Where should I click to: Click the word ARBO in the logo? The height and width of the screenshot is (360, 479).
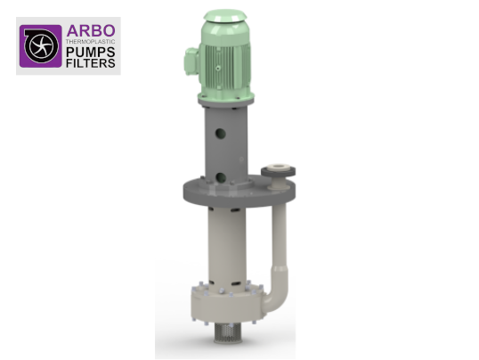click(x=91, y=31)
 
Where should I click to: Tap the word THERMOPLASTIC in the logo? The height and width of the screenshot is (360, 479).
click(x=91, y=41)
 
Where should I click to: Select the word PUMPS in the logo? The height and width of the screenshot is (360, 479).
click(x=91, y=52)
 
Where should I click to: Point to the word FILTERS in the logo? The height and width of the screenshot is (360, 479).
click(x=91, y=63)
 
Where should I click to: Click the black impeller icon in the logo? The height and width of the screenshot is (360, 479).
click(x=41, y=45)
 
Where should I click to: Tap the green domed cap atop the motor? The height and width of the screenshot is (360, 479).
click(x=225, y=16)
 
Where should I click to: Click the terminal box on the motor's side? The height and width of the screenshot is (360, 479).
click(x=191, y=61)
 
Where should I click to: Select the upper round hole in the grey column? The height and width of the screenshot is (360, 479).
click(x=220, y=134)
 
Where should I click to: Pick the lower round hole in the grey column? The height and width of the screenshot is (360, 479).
click(x=221, y=178)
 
